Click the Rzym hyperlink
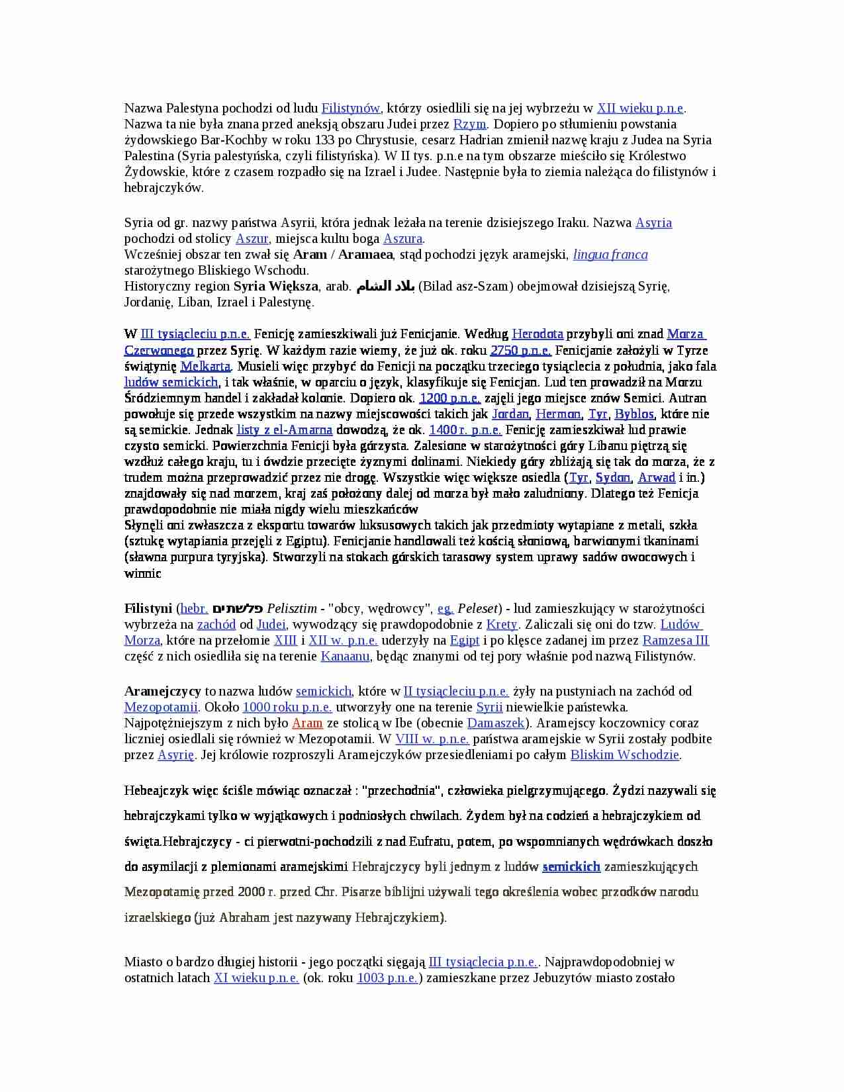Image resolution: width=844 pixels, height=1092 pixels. [469, 124]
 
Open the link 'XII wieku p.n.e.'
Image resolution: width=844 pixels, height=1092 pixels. [640, 109]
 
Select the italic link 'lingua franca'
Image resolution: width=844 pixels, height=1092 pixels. [610, 255]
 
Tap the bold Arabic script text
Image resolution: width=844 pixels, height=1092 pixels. [385, 287]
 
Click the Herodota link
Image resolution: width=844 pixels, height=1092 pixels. [538, 334]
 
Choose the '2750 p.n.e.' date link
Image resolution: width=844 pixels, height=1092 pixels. [520, 351]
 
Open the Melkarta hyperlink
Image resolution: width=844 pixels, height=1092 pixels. [205, 367]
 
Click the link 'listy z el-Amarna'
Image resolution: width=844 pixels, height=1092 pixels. [285, 430]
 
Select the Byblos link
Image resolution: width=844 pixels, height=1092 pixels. [633, 414]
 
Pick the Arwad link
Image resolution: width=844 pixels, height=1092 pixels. [656, 478]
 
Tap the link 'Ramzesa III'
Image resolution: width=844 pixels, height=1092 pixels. [675, 641]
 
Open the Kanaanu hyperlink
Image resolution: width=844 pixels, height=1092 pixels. [346, 657]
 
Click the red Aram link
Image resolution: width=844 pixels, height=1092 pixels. [307, 723]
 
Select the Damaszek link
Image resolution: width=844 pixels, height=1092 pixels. [496, 723]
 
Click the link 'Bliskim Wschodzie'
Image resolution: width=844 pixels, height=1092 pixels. [625, 755]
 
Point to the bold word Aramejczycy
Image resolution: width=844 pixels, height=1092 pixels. [163, 692]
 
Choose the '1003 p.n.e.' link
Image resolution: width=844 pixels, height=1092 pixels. [387, 978]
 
